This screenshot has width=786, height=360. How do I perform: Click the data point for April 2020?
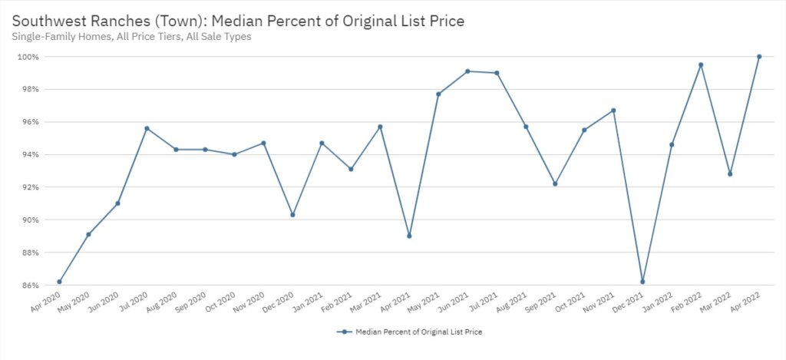pos(59,282)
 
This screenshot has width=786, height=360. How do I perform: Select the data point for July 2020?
pos(147,128)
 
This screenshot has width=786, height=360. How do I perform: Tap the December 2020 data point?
pos(292,215)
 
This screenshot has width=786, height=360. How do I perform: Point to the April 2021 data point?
pos(409,236)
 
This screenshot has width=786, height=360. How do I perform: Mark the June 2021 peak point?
pos(467,71)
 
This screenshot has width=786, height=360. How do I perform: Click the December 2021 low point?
pos(642,282)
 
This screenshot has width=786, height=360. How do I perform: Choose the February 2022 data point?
pos(701,64)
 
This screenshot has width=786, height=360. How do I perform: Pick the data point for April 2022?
pos(759,56)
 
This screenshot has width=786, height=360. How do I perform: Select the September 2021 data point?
pos(555,183)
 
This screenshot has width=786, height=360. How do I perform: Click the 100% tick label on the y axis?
pos(29,57)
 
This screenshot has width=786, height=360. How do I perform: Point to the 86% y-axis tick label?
pos(31,286)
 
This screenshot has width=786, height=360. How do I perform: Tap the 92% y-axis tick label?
pos(31,187)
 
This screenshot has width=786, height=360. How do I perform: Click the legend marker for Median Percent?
pos(345,332)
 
